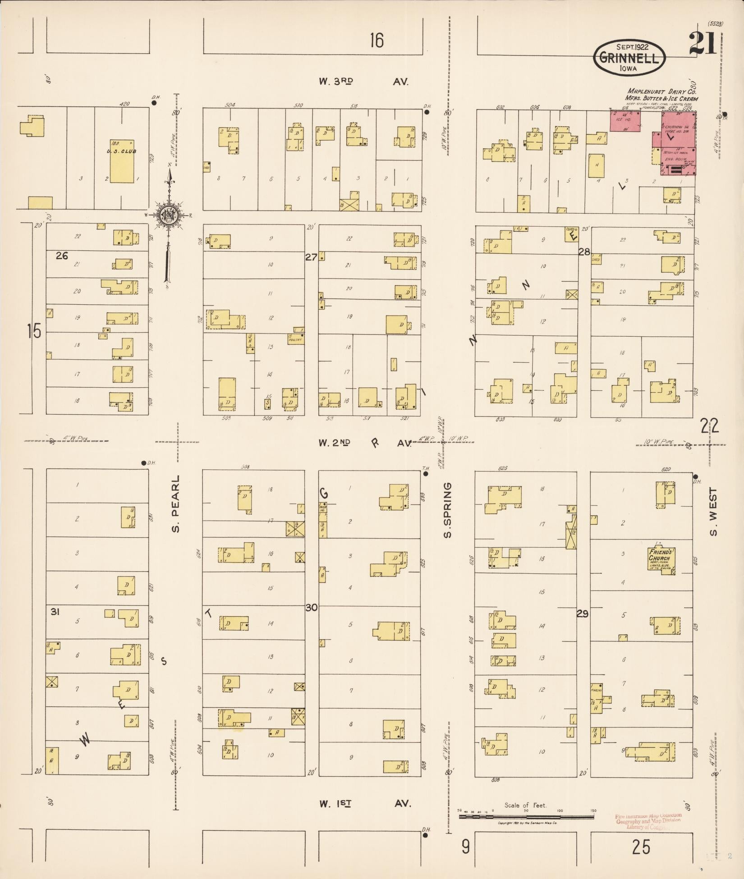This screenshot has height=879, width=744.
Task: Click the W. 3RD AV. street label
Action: (x=363, y=82)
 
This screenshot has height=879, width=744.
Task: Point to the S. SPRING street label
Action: (x=447, y=510)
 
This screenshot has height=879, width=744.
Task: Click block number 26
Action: (x=62, y=256)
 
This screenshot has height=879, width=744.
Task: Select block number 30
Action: (x=312, y=607)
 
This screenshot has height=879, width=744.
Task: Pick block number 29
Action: (x=583, y=613)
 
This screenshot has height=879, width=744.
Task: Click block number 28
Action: (x=584, y=252)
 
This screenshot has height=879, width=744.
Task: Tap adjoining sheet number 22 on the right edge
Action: (x=709, y=425)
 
